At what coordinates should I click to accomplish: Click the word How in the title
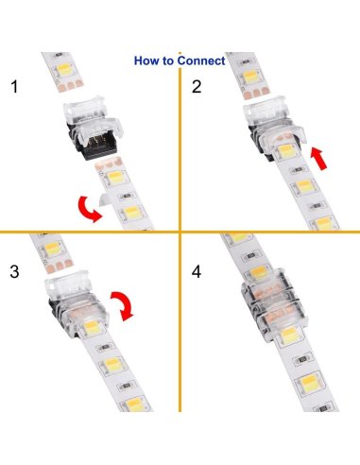point(146,61)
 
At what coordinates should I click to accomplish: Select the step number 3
point(13,272)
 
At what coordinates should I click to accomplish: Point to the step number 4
point(197,272)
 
